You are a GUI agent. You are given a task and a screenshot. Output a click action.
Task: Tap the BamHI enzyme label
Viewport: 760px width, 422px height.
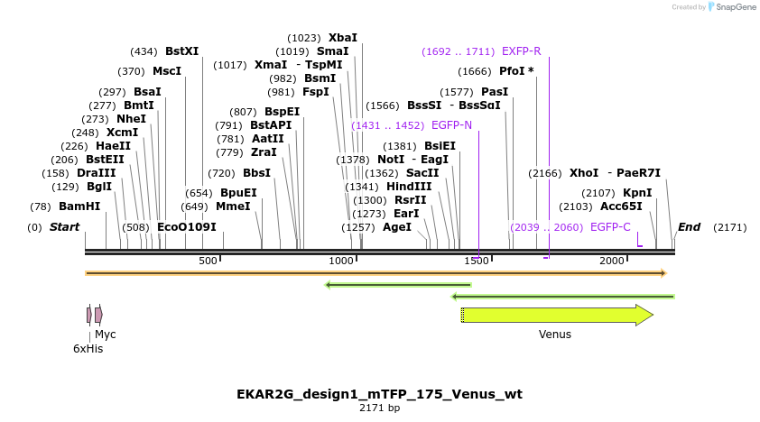tap(79, 206)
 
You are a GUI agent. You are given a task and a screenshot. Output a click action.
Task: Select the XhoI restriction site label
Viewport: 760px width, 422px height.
tap(584, 173)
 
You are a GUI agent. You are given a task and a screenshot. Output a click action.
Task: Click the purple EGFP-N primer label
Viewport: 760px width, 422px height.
tap(451, 125)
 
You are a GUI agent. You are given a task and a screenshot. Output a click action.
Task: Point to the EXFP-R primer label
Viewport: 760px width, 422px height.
tap(521, 51)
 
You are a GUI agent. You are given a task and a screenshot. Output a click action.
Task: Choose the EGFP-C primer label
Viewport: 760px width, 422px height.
tap(610, 227)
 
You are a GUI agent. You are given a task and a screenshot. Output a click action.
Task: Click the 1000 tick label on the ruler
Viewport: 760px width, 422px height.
tap(341, 261)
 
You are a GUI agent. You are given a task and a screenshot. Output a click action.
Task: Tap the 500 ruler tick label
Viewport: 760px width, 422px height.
tap(209, 261)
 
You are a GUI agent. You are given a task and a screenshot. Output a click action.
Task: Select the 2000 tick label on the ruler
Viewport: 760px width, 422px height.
tap(612, 261)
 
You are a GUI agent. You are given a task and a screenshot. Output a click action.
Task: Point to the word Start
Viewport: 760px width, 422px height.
tap(64, 227)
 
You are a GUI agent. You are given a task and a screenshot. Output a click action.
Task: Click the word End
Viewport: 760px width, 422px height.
tap(689, 227)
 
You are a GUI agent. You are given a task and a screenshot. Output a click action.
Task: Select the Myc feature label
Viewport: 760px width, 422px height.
tap(106, 334)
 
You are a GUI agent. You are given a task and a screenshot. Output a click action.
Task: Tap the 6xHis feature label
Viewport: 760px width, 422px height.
tap(88, 348)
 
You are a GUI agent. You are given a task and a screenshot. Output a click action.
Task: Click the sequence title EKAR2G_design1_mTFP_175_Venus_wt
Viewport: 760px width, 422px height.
tap(379, 394)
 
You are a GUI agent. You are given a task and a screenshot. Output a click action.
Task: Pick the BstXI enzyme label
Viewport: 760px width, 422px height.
tap(181, 51)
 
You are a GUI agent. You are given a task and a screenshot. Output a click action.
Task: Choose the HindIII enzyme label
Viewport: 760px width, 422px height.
tap(409, 187)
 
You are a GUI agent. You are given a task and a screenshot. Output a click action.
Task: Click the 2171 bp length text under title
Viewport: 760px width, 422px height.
tap(379, 408)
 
